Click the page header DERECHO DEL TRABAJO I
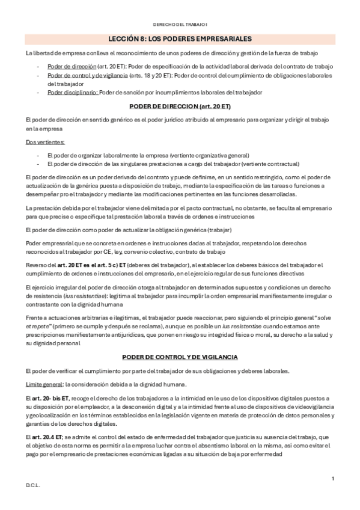coord(180,24)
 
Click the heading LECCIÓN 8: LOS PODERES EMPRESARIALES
coord(180,39)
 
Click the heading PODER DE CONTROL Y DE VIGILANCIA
coord(180,357)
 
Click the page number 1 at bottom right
coord(332,478)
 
